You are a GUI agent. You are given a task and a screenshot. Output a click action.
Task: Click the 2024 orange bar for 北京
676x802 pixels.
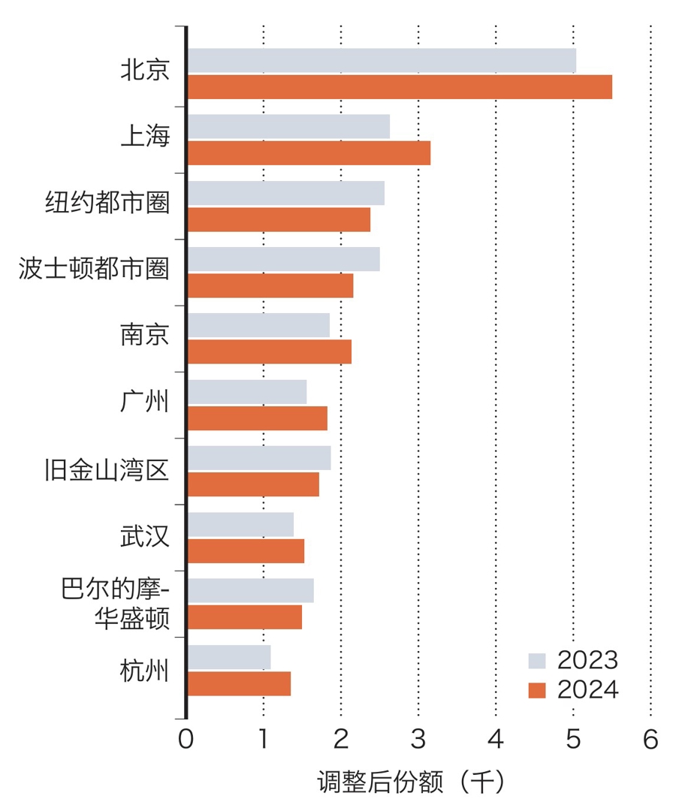(x=400, y=87)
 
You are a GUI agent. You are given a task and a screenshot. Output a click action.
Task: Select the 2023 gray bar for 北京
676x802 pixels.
(x=382, y=61)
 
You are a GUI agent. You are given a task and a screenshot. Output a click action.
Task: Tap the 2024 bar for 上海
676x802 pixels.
(x=309, y=153)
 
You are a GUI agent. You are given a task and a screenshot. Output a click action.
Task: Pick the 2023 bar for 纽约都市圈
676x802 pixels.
(x=285, y=193)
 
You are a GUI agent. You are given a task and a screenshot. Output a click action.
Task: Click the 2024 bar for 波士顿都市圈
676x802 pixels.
(x=270, y=286)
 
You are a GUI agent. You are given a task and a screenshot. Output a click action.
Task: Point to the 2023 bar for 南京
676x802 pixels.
(x=258, y=325)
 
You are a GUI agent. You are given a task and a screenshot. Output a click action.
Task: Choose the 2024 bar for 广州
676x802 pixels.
(x=257, y=418)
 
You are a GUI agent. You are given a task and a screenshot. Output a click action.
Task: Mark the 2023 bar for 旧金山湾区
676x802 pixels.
(x=259, y=458)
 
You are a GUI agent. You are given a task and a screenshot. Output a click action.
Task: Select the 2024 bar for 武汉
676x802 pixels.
(x=246, y=550)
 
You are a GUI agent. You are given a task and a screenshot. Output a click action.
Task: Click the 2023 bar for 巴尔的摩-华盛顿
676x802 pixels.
(x=250, y=590)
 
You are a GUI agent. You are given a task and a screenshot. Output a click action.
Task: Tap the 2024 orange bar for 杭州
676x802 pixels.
(x=239, y=683)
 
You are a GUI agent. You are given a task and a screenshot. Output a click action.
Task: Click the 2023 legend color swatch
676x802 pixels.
(x=537, y=661)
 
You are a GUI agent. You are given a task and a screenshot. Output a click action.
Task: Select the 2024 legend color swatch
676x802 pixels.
(x=537, y=689)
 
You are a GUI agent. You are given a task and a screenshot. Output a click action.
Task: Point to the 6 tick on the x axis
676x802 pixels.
(x=650, y=740)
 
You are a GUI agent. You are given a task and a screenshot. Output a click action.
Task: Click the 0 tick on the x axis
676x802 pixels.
(x=186, y=740)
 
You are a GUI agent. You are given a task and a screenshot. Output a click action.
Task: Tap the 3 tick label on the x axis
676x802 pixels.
(x=418, y=740)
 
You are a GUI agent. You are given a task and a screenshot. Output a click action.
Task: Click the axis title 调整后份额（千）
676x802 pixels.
(x=411, y=782)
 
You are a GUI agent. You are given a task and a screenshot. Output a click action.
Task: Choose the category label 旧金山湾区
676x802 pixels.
(x=107, y=472)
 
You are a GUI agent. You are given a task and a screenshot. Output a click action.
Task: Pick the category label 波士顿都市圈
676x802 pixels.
(x=94, y=270)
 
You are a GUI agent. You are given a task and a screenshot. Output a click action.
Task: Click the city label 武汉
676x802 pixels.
(x=145, y=538)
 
